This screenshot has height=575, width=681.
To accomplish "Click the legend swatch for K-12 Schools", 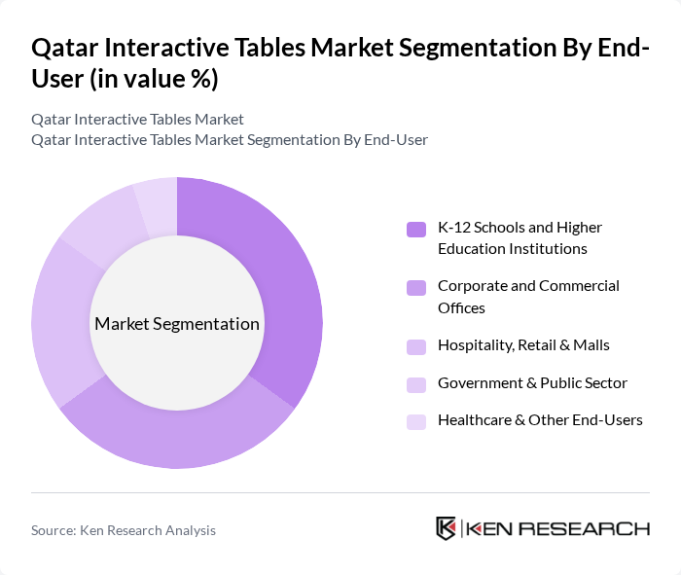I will click(416, 229).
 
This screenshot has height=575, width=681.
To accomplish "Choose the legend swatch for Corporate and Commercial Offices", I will click(416, 287).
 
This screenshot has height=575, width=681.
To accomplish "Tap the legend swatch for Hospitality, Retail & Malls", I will click(416, 345).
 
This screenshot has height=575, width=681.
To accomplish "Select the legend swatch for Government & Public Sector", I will click(416, 383).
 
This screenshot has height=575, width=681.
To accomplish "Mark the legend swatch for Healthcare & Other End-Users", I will click(416, 421).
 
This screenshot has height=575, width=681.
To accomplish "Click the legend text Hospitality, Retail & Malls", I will click(523, 344).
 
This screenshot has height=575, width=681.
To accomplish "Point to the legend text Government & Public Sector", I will click(532, 382).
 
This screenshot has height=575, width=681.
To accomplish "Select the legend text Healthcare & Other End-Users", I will click(540, 420).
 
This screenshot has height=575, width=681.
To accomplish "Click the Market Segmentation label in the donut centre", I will click(177, 324).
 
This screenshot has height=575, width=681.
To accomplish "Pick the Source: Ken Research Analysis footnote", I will click(124, 530).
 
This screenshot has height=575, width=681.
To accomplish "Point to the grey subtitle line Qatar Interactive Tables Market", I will click(137, 120).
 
